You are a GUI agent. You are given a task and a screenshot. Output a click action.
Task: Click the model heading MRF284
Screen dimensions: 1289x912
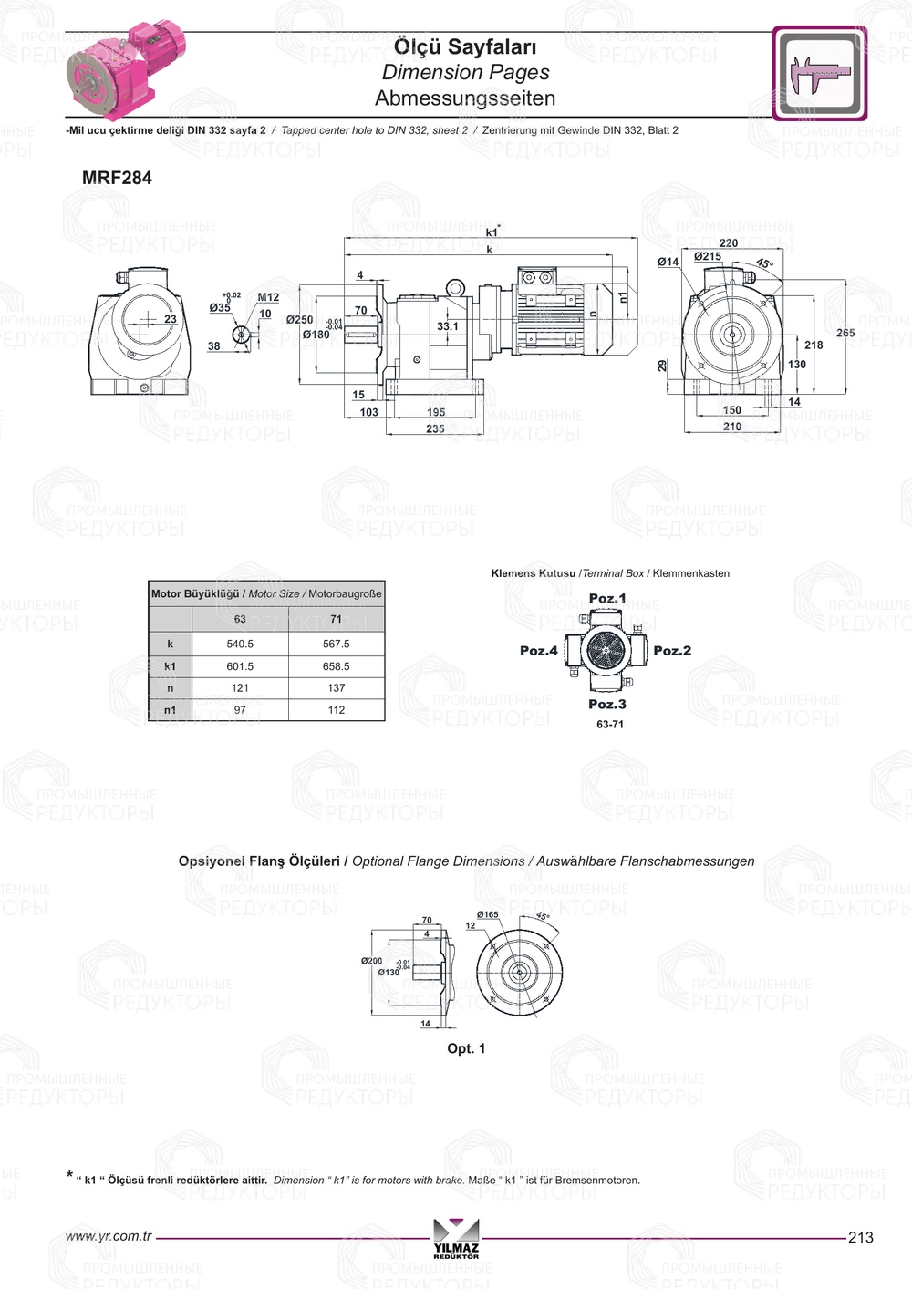[x=117, y=178]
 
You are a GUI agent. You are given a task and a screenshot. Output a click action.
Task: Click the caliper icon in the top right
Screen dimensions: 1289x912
[x=819, y=74]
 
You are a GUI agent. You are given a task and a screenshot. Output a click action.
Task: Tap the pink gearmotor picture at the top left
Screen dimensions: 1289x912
[x=125, y=71]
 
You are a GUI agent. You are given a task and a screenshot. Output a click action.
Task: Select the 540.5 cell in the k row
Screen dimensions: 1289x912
[x=240, y=644]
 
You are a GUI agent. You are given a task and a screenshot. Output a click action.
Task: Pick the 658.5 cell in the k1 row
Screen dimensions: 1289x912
[x=336, y=666]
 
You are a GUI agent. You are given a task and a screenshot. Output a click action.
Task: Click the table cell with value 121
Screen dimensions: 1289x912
[x=240, y=688]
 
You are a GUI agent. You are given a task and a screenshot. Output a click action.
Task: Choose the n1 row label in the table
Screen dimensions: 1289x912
[x=170, y=710]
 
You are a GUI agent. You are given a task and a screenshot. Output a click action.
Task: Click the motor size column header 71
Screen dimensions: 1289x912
[x=336, y=619]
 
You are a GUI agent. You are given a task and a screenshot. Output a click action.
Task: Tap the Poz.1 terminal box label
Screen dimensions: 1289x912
[x=607, y=599]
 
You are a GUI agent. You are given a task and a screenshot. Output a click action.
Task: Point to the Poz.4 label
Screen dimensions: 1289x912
[x=538, y=651]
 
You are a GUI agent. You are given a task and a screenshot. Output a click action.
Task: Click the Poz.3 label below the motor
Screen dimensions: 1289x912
[x=607, y=705]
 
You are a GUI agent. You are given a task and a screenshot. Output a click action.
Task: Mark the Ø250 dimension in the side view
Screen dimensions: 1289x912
[x=299, y=320]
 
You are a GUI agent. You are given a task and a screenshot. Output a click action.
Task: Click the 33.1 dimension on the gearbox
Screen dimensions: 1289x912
[x=448, y=326]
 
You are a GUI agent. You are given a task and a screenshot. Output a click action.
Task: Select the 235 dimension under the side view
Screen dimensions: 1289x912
[x=435, y=428]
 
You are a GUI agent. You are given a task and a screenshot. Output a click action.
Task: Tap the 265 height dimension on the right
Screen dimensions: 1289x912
[x=845, y=333]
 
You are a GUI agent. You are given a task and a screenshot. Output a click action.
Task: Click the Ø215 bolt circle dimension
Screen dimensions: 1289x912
[x=708, y=257]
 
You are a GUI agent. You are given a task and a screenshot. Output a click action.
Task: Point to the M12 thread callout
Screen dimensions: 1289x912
[x=268, y=297]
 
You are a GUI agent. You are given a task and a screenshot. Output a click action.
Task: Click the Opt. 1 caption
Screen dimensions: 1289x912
[x=466, y=1048]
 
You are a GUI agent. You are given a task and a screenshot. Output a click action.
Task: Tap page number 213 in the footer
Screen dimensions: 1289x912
[x=860, y=1237]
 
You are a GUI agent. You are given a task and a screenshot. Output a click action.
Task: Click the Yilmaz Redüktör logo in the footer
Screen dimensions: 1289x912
[x=456, y=1239]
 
